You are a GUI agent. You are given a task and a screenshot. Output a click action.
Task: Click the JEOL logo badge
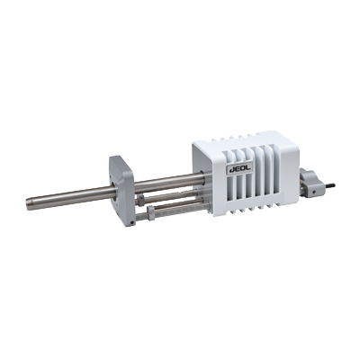coord(239,169)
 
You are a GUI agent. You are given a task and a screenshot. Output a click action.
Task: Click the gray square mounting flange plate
coord(121,191)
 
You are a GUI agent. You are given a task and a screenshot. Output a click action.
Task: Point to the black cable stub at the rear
coord(330,186)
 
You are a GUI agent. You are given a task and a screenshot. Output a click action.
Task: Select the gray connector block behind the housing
coord(310,183)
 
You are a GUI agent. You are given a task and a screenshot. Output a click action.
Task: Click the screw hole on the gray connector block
coord(314,191)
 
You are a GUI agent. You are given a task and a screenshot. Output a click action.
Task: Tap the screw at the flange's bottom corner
coord(131,222)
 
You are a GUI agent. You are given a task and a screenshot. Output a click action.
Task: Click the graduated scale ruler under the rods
coord(173,211)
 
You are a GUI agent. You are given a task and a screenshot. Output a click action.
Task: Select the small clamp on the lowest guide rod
coord(151,212)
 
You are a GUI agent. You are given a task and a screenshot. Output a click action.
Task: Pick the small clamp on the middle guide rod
coord(140,200)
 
